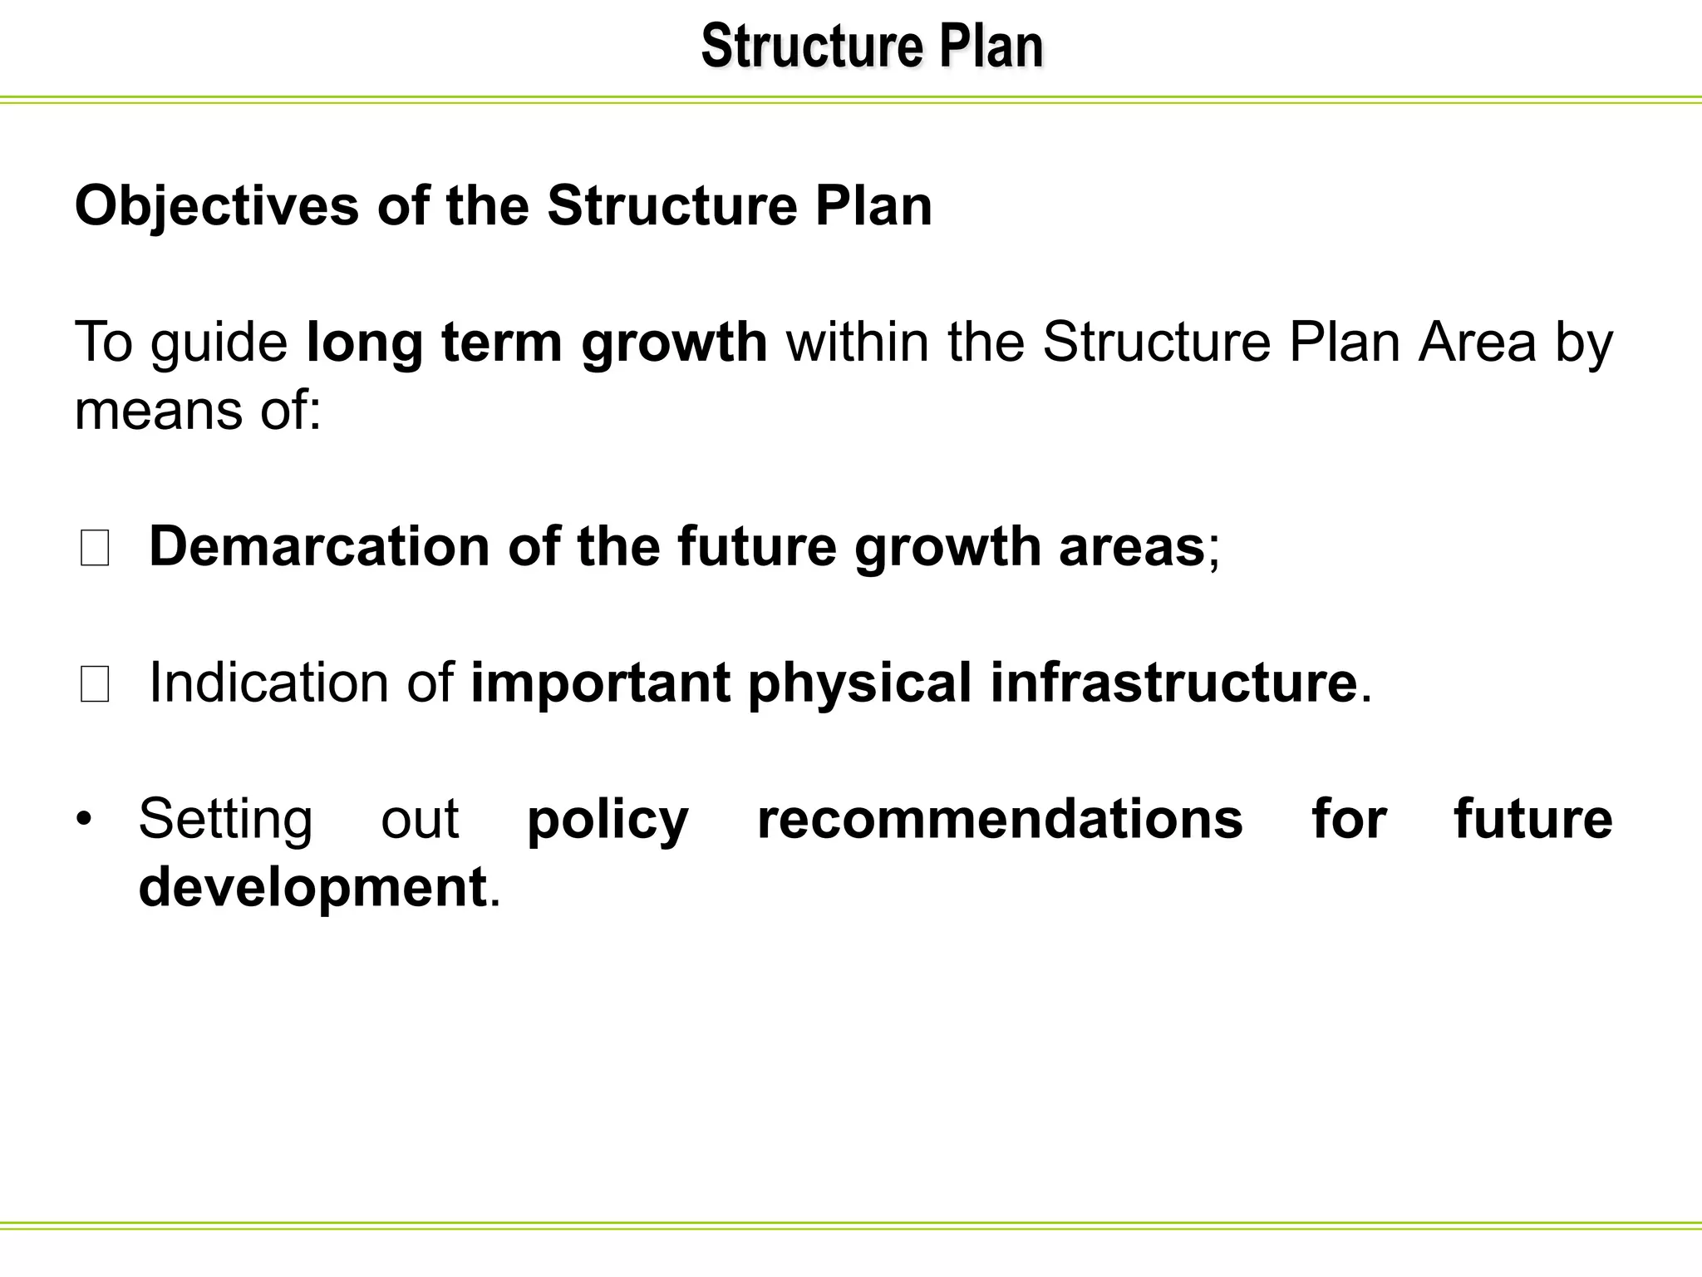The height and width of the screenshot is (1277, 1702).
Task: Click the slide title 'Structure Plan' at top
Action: click(872, 47)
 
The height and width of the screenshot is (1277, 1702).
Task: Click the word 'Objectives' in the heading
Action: click(217, 205)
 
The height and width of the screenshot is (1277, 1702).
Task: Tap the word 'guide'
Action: click(219, 343)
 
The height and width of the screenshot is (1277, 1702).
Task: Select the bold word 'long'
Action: click(365, 343)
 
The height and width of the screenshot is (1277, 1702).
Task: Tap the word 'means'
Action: click(158, 411)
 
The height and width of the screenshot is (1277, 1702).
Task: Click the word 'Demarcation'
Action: click(319, 547)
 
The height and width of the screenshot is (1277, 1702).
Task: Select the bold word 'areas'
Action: click(1131, 547)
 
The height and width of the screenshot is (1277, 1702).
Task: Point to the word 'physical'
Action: click(859, 683)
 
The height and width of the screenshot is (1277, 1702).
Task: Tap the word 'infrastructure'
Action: click(1173, 683)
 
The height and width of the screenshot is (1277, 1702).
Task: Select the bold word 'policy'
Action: click(608, 820)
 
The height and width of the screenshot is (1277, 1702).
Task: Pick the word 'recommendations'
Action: click(1000, 820)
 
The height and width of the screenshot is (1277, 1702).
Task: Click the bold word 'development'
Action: click(312, 888)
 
